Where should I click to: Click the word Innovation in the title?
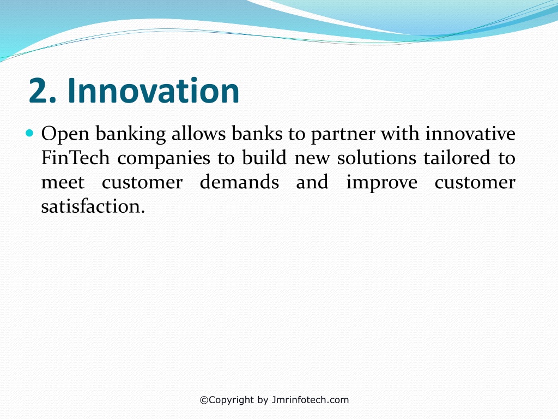[x=153, y=91]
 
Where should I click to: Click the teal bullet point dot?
[x=29, y=134]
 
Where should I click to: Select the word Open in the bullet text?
[x=65, y=135]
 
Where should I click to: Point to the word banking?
[x=131, y=134]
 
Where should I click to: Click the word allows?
[x=198, y=134]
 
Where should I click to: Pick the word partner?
[x=343, y=135]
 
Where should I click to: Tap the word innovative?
[x=470, y=134]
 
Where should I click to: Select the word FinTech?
[x=75, y=158]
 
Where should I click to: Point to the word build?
[x=264, y=158]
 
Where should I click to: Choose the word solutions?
[x=377, y=158]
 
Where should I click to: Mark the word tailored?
[x=457, y=158]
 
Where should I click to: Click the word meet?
[x=63, y=182]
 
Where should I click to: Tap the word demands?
[x=239, y=182]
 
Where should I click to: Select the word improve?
[x=382, y=183]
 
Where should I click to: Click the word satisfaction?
[x=93, y=206]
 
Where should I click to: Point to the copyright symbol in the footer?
[x=204, y=400]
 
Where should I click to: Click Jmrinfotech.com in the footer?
[x=310, y=400]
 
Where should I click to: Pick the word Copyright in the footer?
[x=231, y=400]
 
